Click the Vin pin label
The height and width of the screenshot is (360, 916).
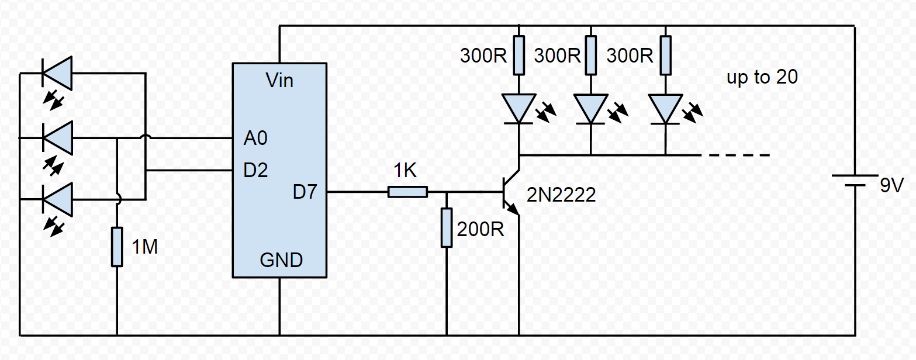pyautogui.click(x=279, y=80)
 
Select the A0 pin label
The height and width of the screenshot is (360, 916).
pyautogui.click(x=255, y=139)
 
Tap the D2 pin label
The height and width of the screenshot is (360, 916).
pyautogui.click(x=255, y=171)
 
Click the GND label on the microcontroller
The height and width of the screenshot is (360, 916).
pyautogui.click(x=281, y=260)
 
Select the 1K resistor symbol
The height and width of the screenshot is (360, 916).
pyautogui.click(x=407, y=192)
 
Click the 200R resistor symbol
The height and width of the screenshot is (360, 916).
pyautogui.click(x=447, y=227)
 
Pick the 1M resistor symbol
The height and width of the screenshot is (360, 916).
pyautogui.click(x=117, y=247)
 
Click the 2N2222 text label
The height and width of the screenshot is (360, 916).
pyautogui.click(x=561, y=195)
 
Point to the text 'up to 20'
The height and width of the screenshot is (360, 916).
pyautogui.click(x=762, y=77)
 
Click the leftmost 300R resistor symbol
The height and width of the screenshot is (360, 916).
pyautogui.click(x=519, y=55)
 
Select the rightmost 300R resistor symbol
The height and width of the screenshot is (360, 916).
pyautogui.click(x=665, y=55)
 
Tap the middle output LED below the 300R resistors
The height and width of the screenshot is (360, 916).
pyautogui.click(x=590, y=109)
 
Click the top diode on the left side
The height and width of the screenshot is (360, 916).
pyautogui.click(x=57, y=73)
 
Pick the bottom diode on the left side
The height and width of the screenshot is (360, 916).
pyautogui.click(x=57, y=199)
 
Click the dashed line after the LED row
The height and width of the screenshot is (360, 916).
pyautogui.click(x=739, y=155)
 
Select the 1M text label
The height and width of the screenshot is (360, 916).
pyautogui.click(x=144, y=248)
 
